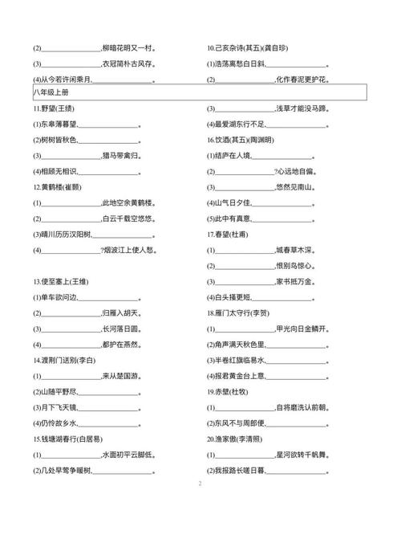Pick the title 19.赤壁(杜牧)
click(x=229, y=391)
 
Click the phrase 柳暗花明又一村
click(x=128, y=48)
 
